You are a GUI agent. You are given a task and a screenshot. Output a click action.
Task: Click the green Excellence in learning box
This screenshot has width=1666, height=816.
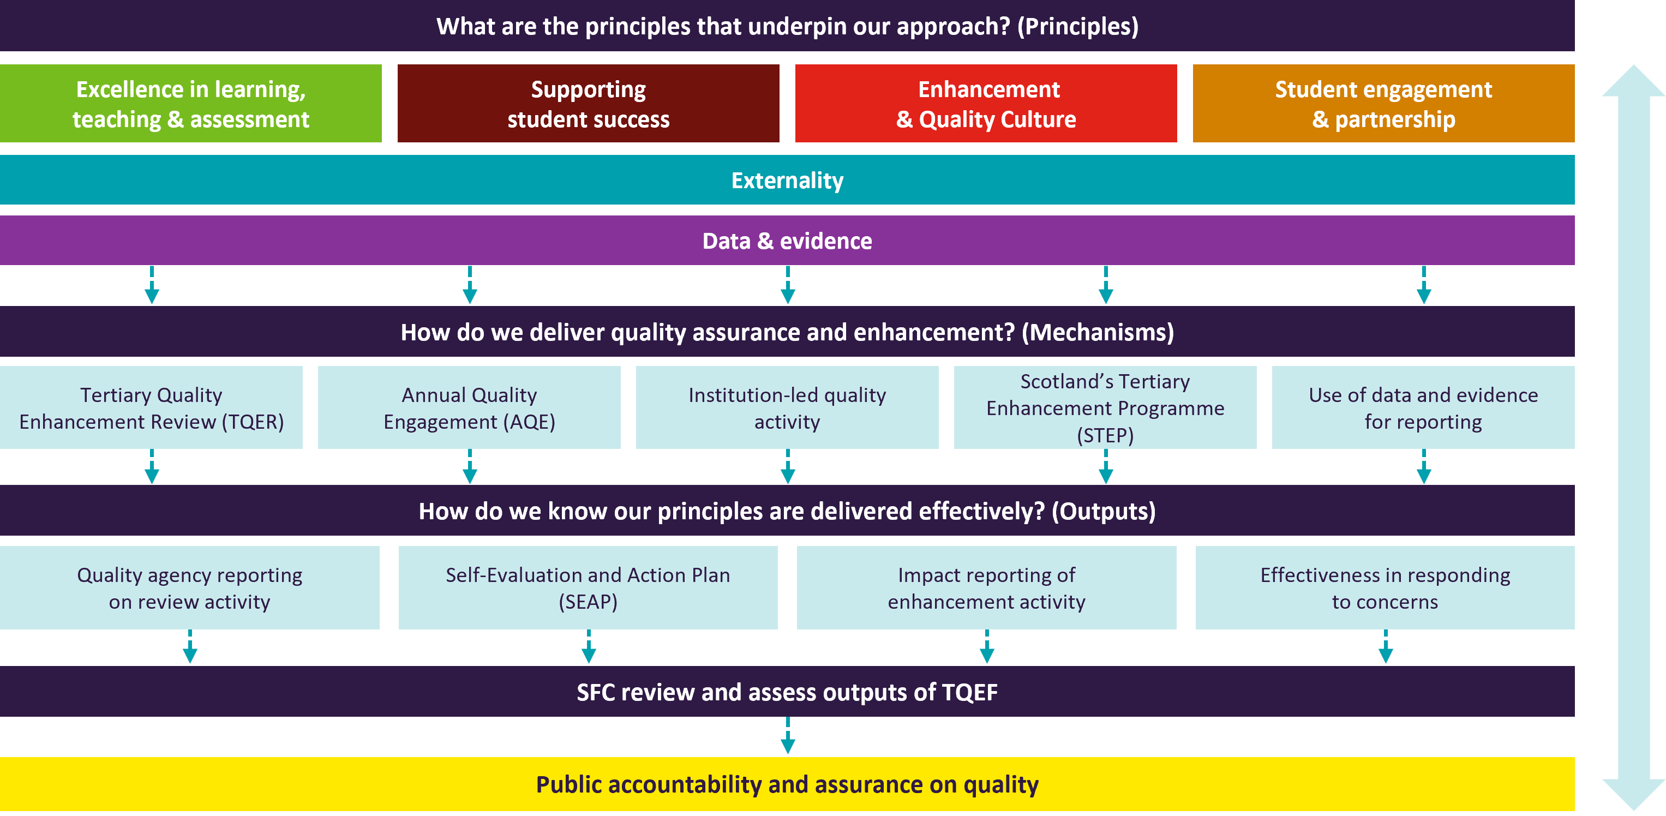[191, 104]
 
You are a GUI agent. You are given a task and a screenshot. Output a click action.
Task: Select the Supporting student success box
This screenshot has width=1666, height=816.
[588, 104]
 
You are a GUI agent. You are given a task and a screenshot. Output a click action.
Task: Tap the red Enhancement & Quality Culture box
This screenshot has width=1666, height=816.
[986, 104]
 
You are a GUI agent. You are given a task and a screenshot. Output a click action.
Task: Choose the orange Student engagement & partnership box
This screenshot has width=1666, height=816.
[1383, 104]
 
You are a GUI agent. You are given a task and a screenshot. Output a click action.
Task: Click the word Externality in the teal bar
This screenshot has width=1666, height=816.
[787, 181]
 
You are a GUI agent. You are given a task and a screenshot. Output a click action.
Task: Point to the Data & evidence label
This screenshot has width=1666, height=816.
[787, 241]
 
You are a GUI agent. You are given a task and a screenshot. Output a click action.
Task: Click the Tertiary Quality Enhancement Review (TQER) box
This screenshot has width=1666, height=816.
[151, 408]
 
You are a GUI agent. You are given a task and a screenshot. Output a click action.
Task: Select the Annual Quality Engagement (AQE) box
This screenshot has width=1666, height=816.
[469, 408]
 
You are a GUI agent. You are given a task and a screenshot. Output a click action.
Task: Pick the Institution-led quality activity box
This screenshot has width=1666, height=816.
[787, 408]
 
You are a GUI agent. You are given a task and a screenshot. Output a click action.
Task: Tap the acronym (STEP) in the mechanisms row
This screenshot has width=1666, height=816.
[1105, 436]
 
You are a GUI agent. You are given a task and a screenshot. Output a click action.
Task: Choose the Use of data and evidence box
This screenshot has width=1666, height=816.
[1423, 408]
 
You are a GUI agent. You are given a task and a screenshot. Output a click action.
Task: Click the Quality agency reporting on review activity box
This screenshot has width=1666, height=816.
[189, 588]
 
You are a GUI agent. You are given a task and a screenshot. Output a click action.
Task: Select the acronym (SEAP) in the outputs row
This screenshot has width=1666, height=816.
[588, 602]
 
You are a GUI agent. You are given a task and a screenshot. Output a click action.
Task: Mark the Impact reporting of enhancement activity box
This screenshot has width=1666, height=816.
[986, 588]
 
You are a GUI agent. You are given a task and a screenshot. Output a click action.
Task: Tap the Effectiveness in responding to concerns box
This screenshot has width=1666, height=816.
[1385, 588]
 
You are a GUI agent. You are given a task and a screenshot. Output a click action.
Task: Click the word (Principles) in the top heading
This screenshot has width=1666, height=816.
[1077, 27]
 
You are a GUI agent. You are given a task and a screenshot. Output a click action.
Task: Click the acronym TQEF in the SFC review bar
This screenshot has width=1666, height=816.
[969, 693]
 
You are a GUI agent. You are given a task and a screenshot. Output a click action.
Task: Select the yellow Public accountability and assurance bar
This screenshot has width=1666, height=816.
[787, 784]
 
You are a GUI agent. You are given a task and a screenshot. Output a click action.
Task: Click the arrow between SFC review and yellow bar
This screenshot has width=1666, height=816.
[788, 736]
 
